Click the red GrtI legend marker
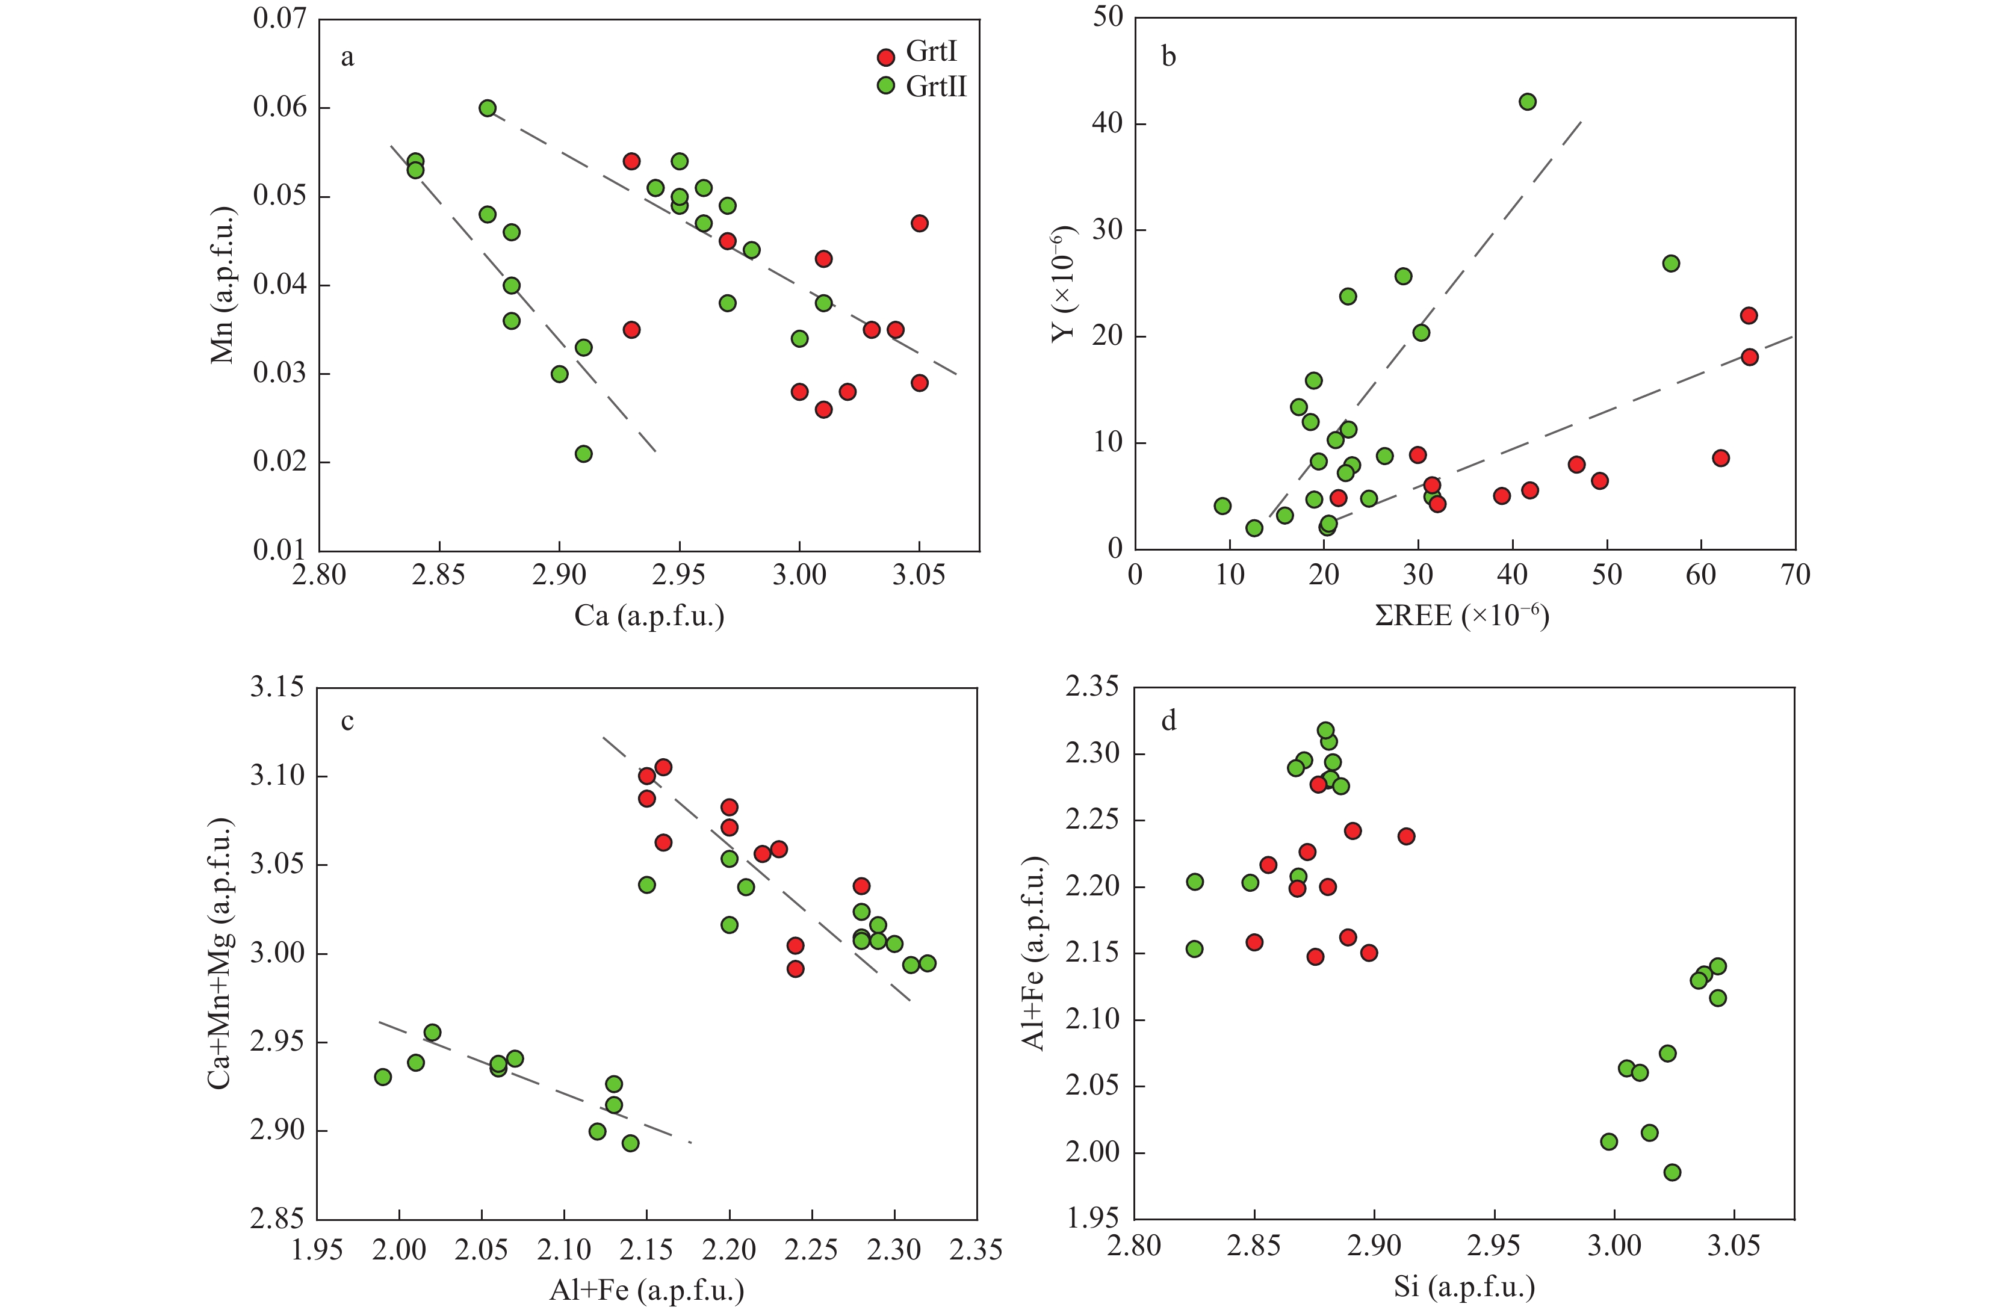[x=886, y=58]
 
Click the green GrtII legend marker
[x=886, y=85]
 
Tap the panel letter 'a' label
[x=347, y=58]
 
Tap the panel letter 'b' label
[x=1169, y=58]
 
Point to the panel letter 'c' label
[x=347, y=721]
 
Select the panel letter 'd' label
[x=1169, y=721]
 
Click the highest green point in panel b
[x=1528, y=102]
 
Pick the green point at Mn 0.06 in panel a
[x=488, y=108]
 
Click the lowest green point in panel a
[x=583, y=454]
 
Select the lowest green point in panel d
[x=1672, y=1172]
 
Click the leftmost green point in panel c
[x=382, y=1077]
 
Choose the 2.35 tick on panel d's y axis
[x=1092, y=687]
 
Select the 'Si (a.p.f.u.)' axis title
[x=1464, y=1287]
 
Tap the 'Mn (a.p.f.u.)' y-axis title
[x=222, y=285]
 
